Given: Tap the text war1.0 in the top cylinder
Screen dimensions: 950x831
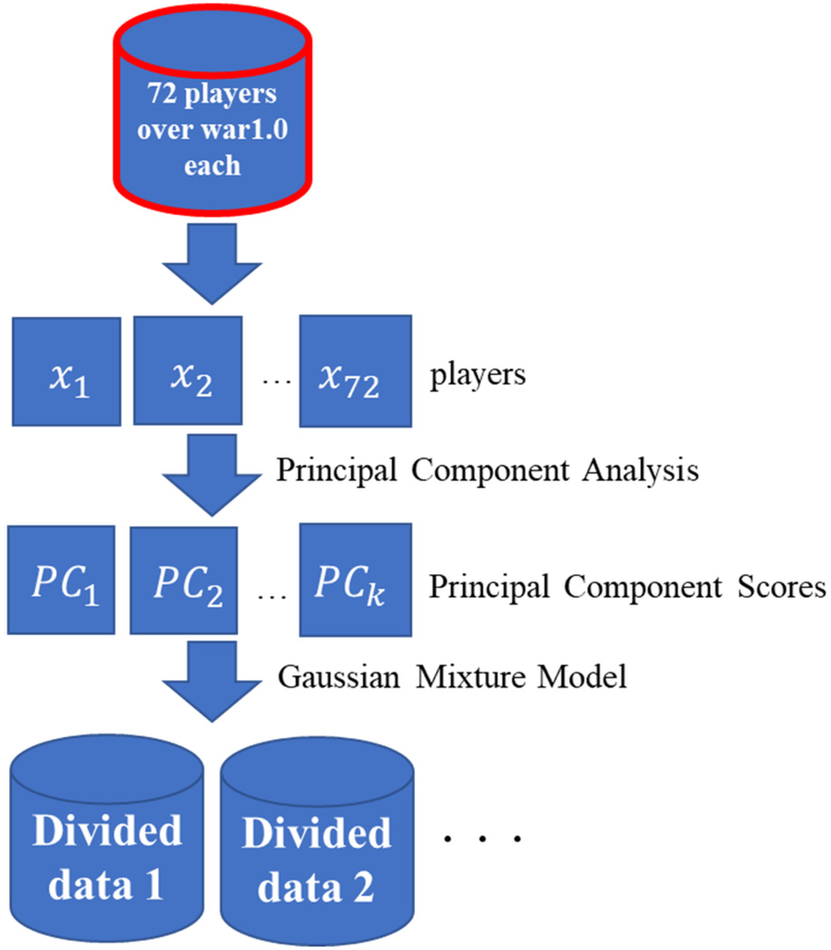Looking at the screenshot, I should pyautogui.click(x=246, y=130).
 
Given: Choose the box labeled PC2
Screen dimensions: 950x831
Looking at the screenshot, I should pyautogui.click(x=188, y=581).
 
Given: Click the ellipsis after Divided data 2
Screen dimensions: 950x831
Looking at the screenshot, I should pyautogui.click(x=482, y=838).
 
